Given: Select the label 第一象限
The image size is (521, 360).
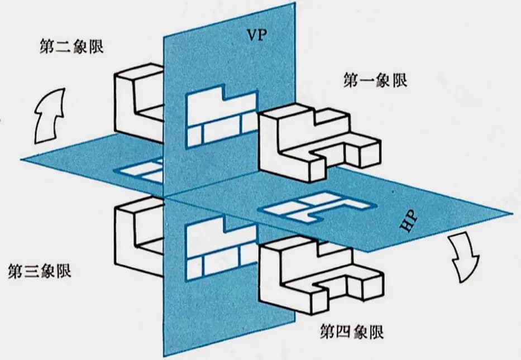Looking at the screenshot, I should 375,80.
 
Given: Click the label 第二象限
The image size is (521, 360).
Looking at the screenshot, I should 73,45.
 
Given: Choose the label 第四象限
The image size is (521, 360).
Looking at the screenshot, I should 352,333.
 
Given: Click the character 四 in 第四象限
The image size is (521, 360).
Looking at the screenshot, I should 345,333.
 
